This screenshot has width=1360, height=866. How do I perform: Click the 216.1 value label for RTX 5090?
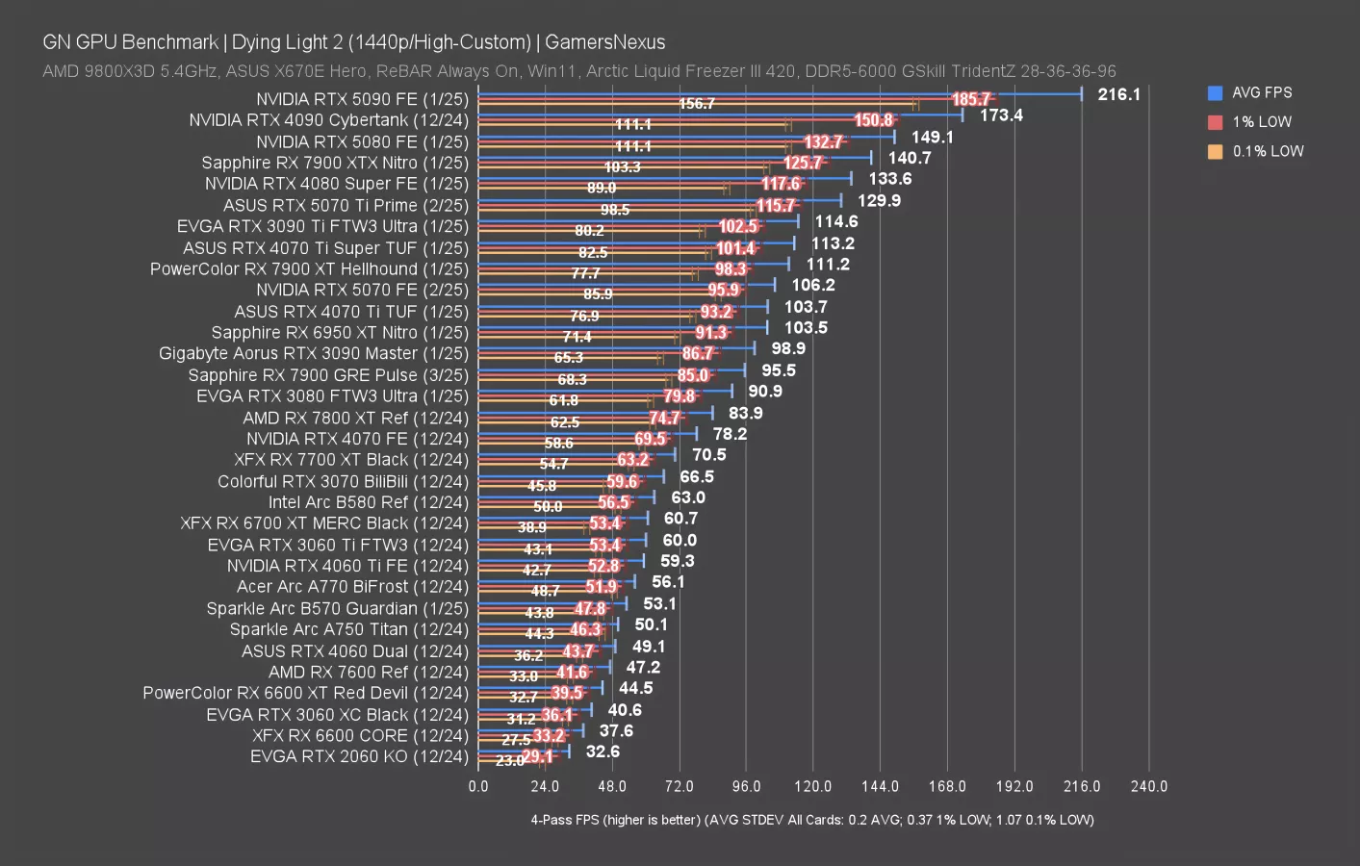pyautogui.click(x=1118, y=94)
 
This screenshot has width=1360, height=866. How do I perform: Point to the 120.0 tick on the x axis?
pyautogui.click(x=812, y=786)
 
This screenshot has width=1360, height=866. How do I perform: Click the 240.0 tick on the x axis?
pyautogui.click(x=1148, y=786)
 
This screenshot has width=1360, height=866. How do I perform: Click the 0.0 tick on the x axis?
pyautogui.click(x=478, y=786)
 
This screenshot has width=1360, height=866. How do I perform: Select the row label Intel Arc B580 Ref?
pyautogui.click(x=368, y=502)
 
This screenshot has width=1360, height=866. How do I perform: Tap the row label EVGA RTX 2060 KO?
pyautogui.click(x=359, y=756)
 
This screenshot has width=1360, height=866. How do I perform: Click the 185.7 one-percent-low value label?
pyautogui.click(x=971, y=99)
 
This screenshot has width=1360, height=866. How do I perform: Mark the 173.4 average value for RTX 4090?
pyautogui.click(x=1001, y=115)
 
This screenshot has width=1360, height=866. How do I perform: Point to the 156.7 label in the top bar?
pyautogui.click(x=697, y=104)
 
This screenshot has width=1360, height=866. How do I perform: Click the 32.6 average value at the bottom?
pyautogui.click(x=603, y=751)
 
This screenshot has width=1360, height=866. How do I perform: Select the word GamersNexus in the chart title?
pyautogui.click(x=604, y=42)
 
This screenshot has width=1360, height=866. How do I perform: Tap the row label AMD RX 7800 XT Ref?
pyautogui.click(x=355, y=418)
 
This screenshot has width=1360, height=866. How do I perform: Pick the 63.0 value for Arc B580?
pyautogui.click(x=688, y=497)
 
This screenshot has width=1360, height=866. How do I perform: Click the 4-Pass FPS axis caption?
pyautogui.click(x=811, y=820)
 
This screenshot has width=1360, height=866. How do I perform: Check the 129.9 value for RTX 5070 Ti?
pyautogui.click(x=879, y=200)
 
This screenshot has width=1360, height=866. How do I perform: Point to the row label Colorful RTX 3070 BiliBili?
pyautogui.click(x=343, y=481)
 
